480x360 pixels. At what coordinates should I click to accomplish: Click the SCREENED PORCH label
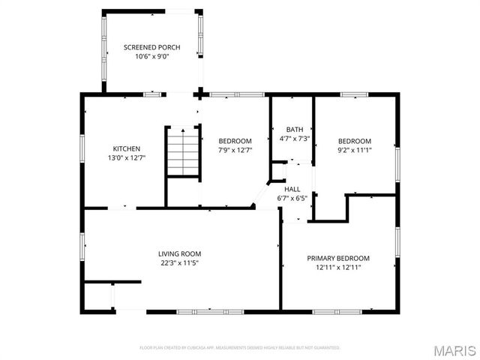pyautogui.click(x=151, y=47)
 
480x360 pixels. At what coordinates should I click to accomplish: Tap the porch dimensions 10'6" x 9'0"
pyautogui.click(x=151, y=57)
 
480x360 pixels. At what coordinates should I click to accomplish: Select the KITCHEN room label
pyautogui.click(x=126, y=148)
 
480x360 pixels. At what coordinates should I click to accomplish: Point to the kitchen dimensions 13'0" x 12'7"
pyautogui.click(x=126, y=158)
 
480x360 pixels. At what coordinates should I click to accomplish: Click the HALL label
pyautogui.click(x=292, y=189)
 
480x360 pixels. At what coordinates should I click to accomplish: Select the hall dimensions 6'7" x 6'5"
pyautogui.click(x=292, y=199)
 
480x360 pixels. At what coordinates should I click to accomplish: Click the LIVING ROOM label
pyautogui.click(x=179, y=253)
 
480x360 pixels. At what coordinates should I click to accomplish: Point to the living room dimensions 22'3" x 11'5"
pyautogui.click(x=179, y=263)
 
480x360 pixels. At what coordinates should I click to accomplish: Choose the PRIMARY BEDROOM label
pyautogui.click(x=338, y=258)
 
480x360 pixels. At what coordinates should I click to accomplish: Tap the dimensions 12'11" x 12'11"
pyautogui.click(x=338, y=268)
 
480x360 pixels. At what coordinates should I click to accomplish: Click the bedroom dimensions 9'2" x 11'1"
pyautogui.click(x=354, y=150)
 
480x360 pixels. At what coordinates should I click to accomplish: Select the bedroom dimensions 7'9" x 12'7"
pyautogui.click(x=235, y=150)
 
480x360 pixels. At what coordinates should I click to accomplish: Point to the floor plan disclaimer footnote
pyautogui.click(x=240, y=347)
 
